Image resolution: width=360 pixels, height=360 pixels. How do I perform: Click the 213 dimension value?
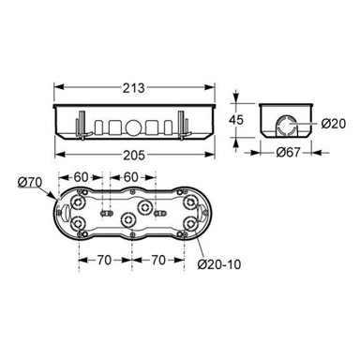(x=133, y=88)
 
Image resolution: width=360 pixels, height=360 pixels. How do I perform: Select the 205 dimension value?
(x=134, y=156)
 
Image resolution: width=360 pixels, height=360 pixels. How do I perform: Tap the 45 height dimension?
(x=236, y=120)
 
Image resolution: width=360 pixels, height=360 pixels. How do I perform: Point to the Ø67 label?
(x=288, y=153)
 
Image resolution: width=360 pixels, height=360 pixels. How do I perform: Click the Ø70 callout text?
(x=29, y=182)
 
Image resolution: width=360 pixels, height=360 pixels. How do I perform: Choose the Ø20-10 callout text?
(x=219, y=264)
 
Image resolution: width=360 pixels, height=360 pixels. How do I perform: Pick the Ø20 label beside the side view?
(x=334, y=124)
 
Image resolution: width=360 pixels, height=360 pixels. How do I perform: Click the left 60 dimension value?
(x=81, y=177)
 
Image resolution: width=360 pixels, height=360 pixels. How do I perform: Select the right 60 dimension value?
(x=130, y=177)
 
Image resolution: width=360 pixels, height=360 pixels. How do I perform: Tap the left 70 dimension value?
(x=104, y=260)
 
